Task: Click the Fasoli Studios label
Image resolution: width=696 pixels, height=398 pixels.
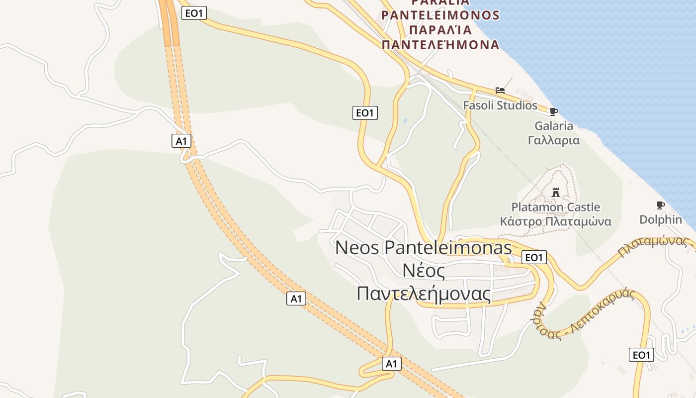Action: point(500,105)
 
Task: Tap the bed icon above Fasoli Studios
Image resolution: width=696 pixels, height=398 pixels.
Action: point(500,91)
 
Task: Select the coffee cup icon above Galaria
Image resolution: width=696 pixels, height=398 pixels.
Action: point(554,111)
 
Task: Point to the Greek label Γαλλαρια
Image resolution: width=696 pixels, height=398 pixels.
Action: point(554,140)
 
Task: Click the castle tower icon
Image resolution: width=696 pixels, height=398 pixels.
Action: point(556,192)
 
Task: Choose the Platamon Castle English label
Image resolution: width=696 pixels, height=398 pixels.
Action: point(556,207)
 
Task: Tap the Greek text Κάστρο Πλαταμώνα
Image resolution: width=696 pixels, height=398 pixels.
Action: point(556,221)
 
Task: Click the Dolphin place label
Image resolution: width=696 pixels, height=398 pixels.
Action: point(661,219)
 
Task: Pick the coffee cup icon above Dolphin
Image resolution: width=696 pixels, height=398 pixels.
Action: point(661,205)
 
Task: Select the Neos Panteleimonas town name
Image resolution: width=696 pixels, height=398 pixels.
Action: point(424,247)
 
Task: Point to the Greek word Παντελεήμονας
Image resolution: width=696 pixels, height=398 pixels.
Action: point(424,294)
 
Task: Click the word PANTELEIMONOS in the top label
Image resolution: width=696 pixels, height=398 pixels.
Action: point(440,15)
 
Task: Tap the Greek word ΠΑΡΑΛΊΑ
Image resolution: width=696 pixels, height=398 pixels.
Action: point(440,30)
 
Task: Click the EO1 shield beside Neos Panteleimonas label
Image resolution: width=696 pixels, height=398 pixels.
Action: point(534,257)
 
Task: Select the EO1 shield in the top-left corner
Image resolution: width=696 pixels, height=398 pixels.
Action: point(194,13)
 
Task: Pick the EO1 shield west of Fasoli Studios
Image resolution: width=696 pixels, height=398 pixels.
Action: point(365,113)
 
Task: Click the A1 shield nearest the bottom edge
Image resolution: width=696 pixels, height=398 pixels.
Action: point(392,364)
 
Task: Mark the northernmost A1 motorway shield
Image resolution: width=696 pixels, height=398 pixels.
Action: point(181,141)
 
